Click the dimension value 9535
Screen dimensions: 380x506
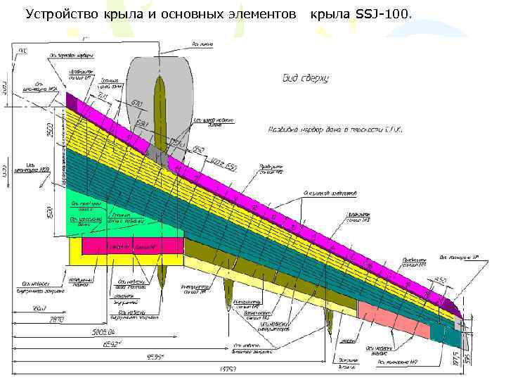coord(155,357)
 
